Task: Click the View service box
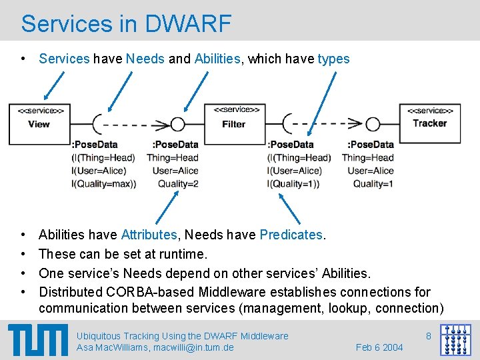click(x=39, y=123)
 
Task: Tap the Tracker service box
click(x=430, y=123)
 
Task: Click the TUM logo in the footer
click(x=38, y=339)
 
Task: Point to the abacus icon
click(x=455, y=340)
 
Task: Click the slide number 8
click(x=428, y=336)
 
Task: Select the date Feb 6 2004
click(x=379, y=347)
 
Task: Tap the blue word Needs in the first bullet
click(x=145, y=59)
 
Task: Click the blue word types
click(x=333, y=59)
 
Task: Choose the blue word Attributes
click(x=149, y=235)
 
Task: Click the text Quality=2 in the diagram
click(x=178, y=184)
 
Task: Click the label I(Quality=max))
click(x=103, y=184)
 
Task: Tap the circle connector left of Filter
click(x=177, y=124)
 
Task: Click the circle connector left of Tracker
click(x=373, y=124)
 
